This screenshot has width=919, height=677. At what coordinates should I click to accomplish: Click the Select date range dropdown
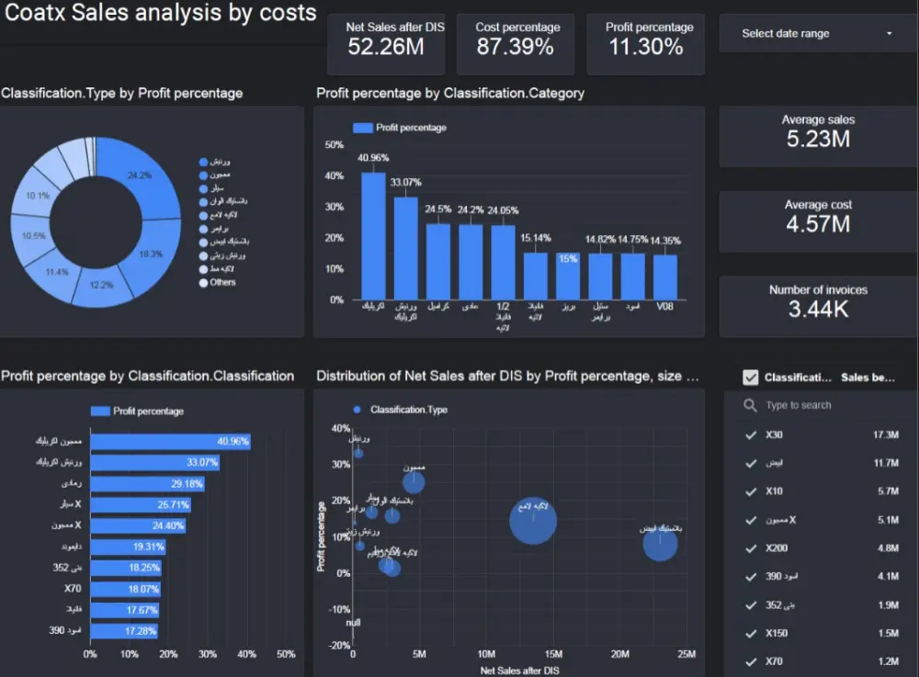click(816, 34)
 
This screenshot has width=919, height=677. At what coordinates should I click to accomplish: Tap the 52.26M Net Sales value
click(386, 47)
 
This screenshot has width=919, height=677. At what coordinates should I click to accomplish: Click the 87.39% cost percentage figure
click(515, 47)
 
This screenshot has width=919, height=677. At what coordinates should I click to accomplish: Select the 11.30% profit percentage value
click(645, 47)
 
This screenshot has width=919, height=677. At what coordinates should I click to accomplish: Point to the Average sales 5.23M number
click(818, 140)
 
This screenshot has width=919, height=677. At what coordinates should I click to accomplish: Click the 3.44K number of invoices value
click(818, 310)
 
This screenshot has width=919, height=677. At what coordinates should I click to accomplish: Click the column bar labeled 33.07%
click(406, 248)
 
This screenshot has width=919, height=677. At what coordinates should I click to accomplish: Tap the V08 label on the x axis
click(664, 306)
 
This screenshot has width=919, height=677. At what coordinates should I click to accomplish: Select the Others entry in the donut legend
click(222, 282)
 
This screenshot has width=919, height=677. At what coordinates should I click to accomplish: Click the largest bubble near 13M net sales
click(533, 522)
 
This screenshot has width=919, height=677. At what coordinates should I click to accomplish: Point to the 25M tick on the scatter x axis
click(686, 654)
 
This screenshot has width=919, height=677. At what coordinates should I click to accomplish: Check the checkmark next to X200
click(752, 548)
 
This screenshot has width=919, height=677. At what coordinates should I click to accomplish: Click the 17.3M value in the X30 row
click(885, 434)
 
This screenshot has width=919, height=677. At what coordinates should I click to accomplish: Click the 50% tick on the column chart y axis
click(335, 145)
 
